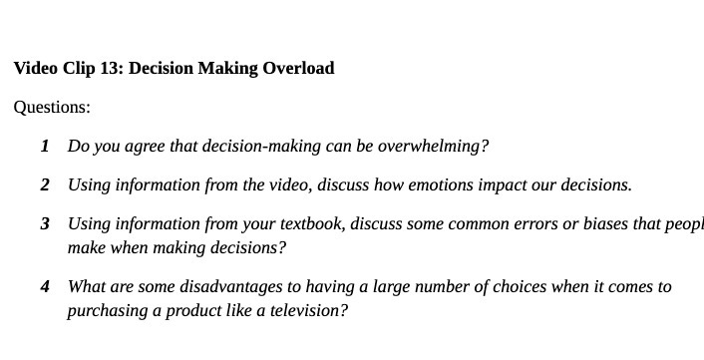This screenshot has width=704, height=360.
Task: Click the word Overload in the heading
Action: [298, 69]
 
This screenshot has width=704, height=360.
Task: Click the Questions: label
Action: [52, 108]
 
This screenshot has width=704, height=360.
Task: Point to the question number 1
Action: [45, 147]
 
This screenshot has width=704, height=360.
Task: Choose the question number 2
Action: [45, 185]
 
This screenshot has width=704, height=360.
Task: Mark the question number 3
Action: [45, 224]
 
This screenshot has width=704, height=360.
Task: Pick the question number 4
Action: [45, 287]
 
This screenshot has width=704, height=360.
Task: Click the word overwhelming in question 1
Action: [433, 147]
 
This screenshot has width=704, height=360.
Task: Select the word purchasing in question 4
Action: [105, 310]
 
